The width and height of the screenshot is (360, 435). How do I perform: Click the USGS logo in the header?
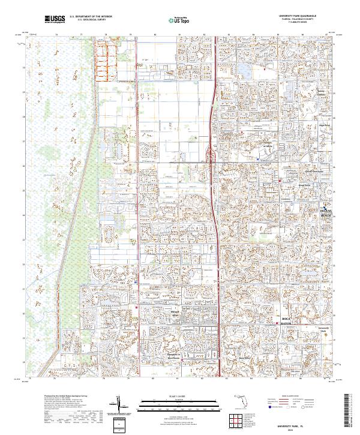(55, 19)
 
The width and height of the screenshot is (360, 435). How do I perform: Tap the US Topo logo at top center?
(179, 20)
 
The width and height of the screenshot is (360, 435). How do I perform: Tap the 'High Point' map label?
(325, 125)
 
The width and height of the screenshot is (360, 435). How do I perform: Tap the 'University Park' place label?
(324, 329)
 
